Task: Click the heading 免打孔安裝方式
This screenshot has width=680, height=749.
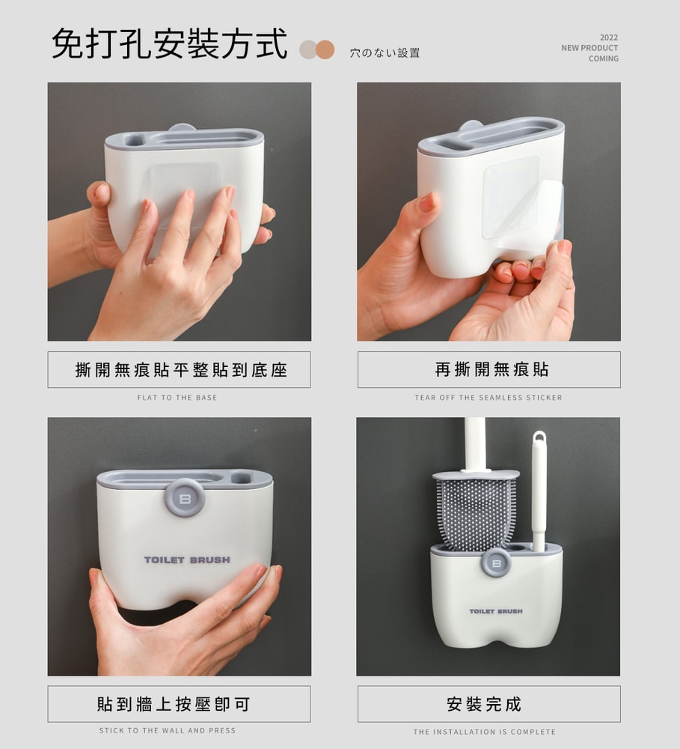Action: (x=169, y=44)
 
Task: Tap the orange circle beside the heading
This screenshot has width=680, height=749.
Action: (x=325, y=49)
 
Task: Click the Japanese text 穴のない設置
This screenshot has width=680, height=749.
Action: (x=385, y=53)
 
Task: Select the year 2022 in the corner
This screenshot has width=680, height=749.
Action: (x=609, y=37)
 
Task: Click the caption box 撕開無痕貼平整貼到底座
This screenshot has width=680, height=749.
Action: (x=179, y=370)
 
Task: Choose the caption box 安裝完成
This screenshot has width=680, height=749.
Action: (x=489, y=704)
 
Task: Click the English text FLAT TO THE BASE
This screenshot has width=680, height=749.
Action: (x=177, y=398)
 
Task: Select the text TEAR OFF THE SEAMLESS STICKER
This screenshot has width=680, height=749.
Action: (x=488, y=398)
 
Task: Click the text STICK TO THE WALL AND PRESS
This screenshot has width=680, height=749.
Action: (x=167, y=730)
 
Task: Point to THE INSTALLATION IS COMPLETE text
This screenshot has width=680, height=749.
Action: (x=484, y=732)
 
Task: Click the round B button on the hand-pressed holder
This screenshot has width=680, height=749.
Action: (x=186, y=498)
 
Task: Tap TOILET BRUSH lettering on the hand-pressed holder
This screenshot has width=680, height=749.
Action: (x=187, y=560)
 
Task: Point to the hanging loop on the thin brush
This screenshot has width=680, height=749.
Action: (x=539, y=437)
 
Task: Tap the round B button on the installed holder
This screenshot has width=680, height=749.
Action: (x=496, y=563)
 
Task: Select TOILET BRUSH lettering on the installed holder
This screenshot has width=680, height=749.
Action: (x=496, y=611)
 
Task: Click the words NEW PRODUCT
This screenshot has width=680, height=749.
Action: (x=589, y=48)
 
